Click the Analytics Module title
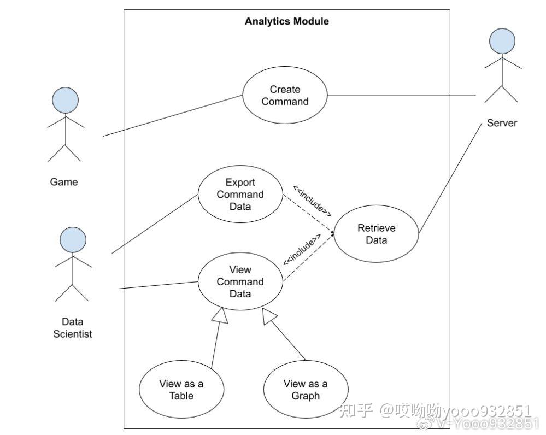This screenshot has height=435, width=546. (x=286, y=21)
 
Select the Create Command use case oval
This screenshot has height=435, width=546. (x=285, y=96)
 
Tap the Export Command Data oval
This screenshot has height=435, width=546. (x=240, y=195)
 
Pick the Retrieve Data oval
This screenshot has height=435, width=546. (x=376, y=234)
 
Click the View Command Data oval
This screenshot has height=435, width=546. (x=240, y=281)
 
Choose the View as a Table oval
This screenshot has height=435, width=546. (x=181, y=390)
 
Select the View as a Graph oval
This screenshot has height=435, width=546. (x=306, y=390)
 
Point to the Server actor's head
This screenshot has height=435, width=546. (x=502, y=42)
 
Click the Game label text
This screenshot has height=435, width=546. (x=64, y=182)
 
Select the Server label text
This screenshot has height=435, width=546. (x=501, y=123)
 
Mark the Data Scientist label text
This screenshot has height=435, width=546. (x=73, y=328)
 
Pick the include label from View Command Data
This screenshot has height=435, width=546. (x=301, y=251)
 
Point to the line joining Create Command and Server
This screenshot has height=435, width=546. (x=402, y=95)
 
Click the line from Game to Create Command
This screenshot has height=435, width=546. (x=172, y=115)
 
